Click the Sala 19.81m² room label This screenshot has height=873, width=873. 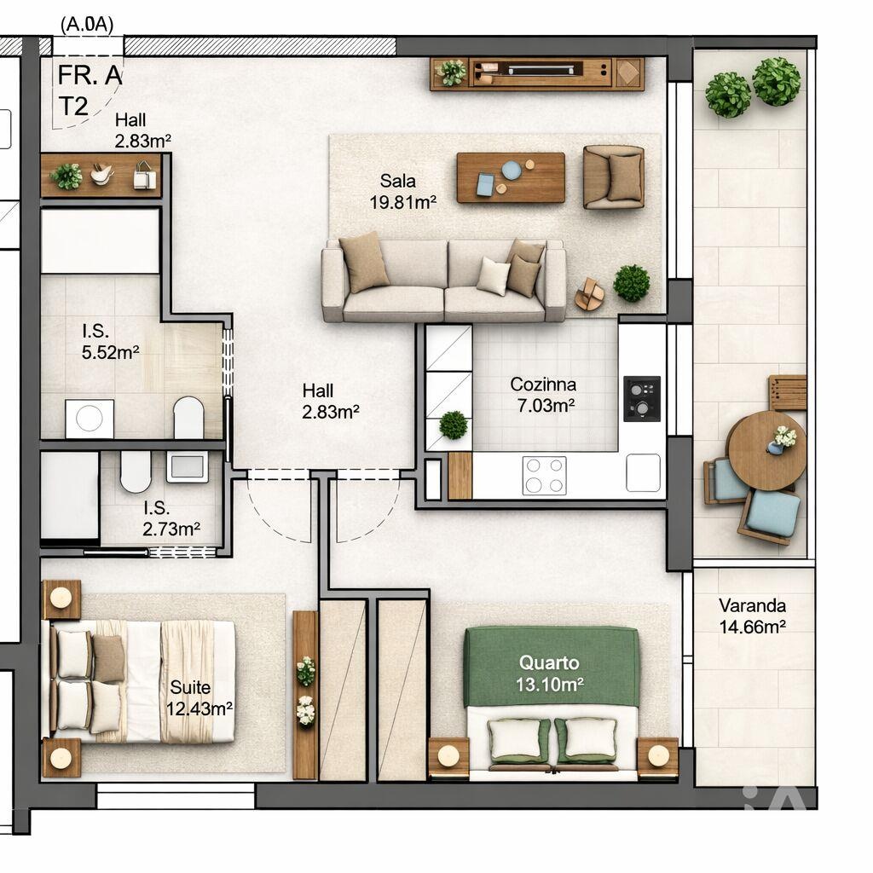(x=408, y=191)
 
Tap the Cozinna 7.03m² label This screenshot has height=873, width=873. (x=543, y=395)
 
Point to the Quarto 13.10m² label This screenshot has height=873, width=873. (x=549, y=673)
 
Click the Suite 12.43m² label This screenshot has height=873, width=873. (x=201, y=697)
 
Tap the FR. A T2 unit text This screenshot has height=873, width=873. (x=89, y=90)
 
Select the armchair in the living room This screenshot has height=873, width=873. (x=613, y=176)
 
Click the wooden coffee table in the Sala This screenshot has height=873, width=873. (x=511, y=177)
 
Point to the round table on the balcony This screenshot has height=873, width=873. (x=766, y=450)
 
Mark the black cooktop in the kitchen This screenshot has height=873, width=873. (x=642, y=398)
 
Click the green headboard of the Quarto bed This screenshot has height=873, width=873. (x=552, y=667)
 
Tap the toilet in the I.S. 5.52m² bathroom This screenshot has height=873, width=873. (x=188, y=417)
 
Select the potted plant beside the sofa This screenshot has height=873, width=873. (x=631, y=283)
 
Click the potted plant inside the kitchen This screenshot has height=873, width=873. (x=454, y=424)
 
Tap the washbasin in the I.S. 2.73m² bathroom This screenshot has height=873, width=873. (x=187, y=466)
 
